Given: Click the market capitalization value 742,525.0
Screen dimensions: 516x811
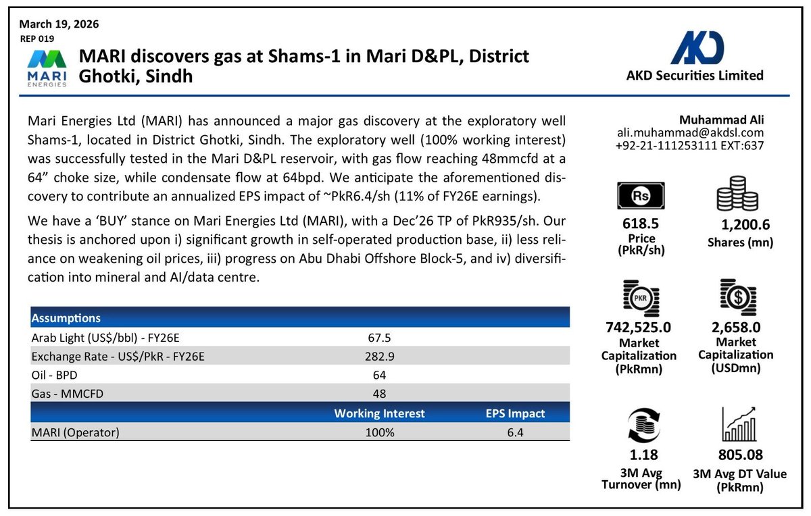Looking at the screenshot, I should (x=639, y=327).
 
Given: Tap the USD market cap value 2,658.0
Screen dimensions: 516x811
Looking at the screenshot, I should (x=736, y=327).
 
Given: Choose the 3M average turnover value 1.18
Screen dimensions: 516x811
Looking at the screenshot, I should (x=639, y=455).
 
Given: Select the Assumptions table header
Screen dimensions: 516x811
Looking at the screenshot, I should (x=66, y=318).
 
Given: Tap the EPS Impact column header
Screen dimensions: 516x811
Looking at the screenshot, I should (x=515, y=413).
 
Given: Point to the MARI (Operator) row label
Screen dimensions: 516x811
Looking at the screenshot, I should (x=75, y=432).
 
